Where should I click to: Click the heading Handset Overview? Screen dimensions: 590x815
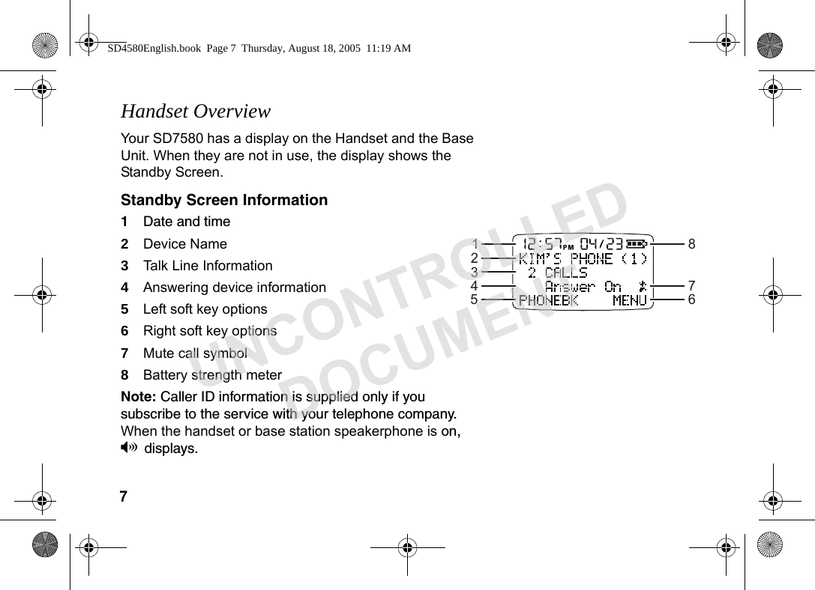tap(195, 112)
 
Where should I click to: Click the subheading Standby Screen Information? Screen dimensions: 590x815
tap(224, 200)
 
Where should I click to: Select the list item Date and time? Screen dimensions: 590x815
tap(186, 222)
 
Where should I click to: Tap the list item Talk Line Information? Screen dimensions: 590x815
tap(207, 266)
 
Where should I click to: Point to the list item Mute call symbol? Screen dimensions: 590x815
tap(194, 353)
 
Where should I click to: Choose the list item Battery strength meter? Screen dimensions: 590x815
tap(211, 375)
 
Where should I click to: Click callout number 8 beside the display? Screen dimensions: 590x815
tap(691, 244)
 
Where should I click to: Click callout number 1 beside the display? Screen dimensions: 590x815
tap(475, 244)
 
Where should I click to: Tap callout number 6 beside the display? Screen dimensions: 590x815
tap(691, 299)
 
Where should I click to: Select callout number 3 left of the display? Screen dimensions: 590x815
tap(475, 272)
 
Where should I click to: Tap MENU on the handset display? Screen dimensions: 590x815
tap(629, 300)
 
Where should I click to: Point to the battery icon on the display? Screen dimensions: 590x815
tap(638, 243)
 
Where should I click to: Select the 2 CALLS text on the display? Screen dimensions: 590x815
tap(558, 273)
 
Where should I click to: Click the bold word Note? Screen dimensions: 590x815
tap(138, 397)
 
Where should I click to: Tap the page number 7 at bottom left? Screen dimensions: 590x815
tap(124, 497)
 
